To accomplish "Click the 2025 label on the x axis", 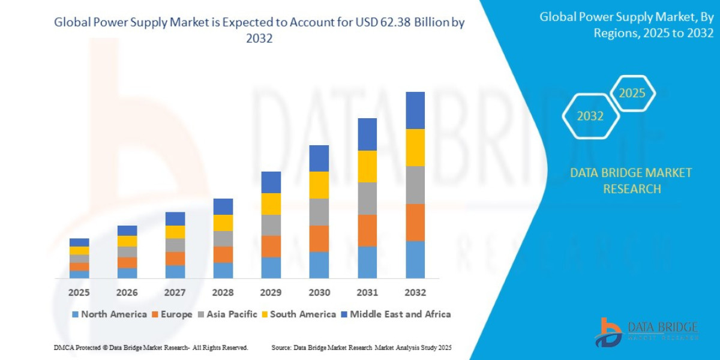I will (79, 293).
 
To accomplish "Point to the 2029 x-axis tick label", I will (271, 293).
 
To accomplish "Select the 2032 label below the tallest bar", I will (415, 293).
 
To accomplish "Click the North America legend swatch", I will (75, 314).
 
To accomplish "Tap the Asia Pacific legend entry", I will (231, 314).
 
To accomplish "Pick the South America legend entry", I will (302, 314).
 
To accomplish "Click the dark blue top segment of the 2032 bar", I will (415, 110).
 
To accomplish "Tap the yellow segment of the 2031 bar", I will (367, 166).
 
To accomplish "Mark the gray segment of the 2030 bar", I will (319, 212).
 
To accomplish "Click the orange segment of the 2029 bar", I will (271, 246).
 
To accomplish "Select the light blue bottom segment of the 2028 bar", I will (223, 271).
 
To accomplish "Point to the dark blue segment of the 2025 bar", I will (79, 242).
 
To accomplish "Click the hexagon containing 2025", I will (632, 94).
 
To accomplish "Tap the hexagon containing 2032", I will (590, 116).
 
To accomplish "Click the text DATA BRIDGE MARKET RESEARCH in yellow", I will (631, 181).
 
